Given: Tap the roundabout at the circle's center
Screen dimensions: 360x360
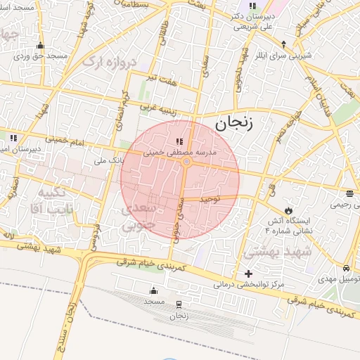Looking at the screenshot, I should (x=186, y=162).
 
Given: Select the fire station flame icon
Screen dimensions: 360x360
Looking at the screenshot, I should (x=288, y=210).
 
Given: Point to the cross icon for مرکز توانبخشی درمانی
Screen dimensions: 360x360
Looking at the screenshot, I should (x=248, y=274).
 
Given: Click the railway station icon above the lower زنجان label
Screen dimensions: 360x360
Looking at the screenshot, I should (x=179, y=304).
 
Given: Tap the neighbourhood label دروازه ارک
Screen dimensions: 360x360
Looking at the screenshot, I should (x=107, y=62).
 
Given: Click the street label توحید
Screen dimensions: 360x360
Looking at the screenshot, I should (x=210, y=199).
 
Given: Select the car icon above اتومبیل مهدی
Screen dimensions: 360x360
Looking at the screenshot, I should (x=345, y=269).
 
